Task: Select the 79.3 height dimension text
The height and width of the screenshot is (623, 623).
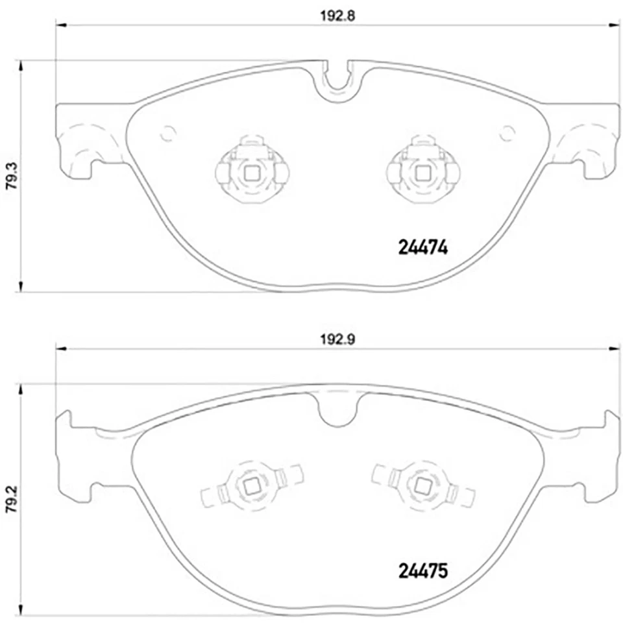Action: [x=10, y=176]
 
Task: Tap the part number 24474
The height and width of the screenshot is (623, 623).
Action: [x=422, y=248]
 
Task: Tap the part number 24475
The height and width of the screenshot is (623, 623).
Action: [x=422, y=572]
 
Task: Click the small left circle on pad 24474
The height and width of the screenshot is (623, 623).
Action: [x=168, y=133]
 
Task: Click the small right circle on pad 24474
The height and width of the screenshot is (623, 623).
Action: [x=507, y=133]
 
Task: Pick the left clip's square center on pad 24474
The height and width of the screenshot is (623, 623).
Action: [x=251, y=173]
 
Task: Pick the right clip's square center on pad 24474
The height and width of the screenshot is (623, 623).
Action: [x=422, y=173]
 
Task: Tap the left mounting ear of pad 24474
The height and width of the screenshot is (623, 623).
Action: [x=78, y=140]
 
